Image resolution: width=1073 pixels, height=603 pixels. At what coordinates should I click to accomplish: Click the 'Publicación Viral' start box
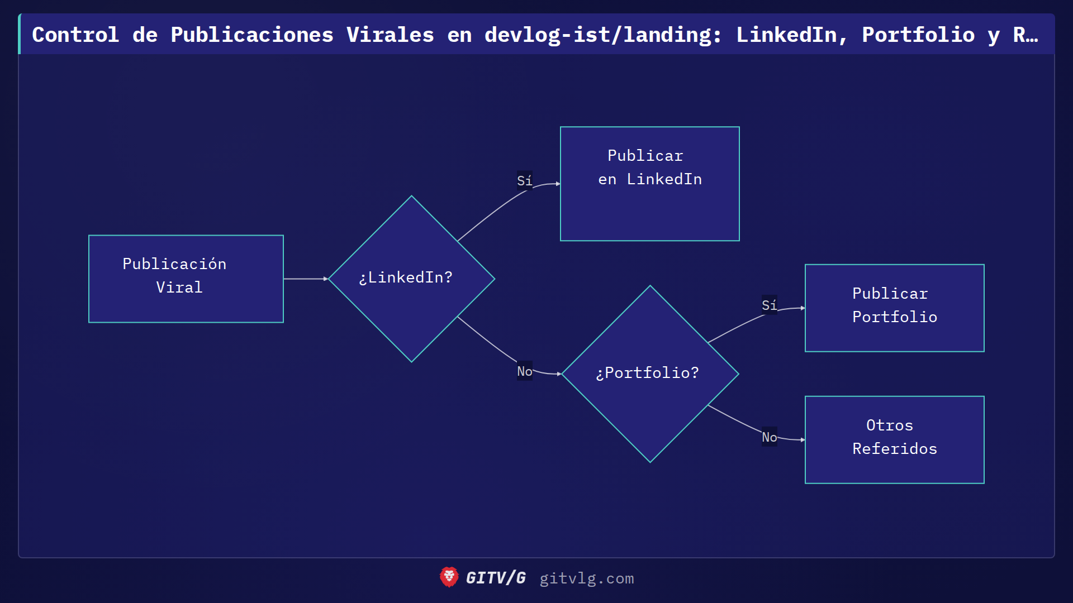[186, 279]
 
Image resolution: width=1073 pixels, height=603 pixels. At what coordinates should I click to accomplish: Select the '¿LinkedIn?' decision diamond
[411, 279]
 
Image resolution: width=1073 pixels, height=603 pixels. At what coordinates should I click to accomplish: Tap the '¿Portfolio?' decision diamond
[650, 374]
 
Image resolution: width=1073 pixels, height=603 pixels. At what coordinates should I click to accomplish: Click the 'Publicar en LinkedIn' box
[649, 184]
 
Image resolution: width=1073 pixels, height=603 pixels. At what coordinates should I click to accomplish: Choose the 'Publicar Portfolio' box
[894, 308]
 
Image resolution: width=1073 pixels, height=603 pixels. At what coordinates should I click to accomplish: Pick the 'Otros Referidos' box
[894, 439]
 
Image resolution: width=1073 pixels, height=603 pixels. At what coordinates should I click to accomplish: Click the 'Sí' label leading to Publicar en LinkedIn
[524, 180]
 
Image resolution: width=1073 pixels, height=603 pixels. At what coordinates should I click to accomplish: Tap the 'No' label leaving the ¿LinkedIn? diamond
[524, 371]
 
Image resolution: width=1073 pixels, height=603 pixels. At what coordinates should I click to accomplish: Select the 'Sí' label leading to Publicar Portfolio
[769, 305]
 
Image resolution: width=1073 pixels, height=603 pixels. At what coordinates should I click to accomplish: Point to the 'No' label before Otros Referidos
[769, 437]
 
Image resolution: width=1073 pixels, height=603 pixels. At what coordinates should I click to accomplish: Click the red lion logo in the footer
[449, 577]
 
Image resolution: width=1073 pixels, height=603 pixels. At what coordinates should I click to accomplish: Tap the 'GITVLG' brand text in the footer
[496, 578]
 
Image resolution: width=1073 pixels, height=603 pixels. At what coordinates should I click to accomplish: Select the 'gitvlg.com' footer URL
[586, 578]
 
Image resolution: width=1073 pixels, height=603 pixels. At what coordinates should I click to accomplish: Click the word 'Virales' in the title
[390, 35]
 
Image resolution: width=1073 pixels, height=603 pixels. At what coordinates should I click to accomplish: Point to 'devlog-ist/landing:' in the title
[603, 35]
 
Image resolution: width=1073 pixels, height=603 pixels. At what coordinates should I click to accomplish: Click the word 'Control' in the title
[75, 35]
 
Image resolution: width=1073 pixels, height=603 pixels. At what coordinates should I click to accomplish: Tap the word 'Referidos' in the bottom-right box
[894, 448]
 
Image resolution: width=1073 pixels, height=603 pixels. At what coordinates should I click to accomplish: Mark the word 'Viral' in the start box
[179, 287]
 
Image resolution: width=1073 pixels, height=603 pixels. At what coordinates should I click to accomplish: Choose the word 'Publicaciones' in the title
[252, 35]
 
